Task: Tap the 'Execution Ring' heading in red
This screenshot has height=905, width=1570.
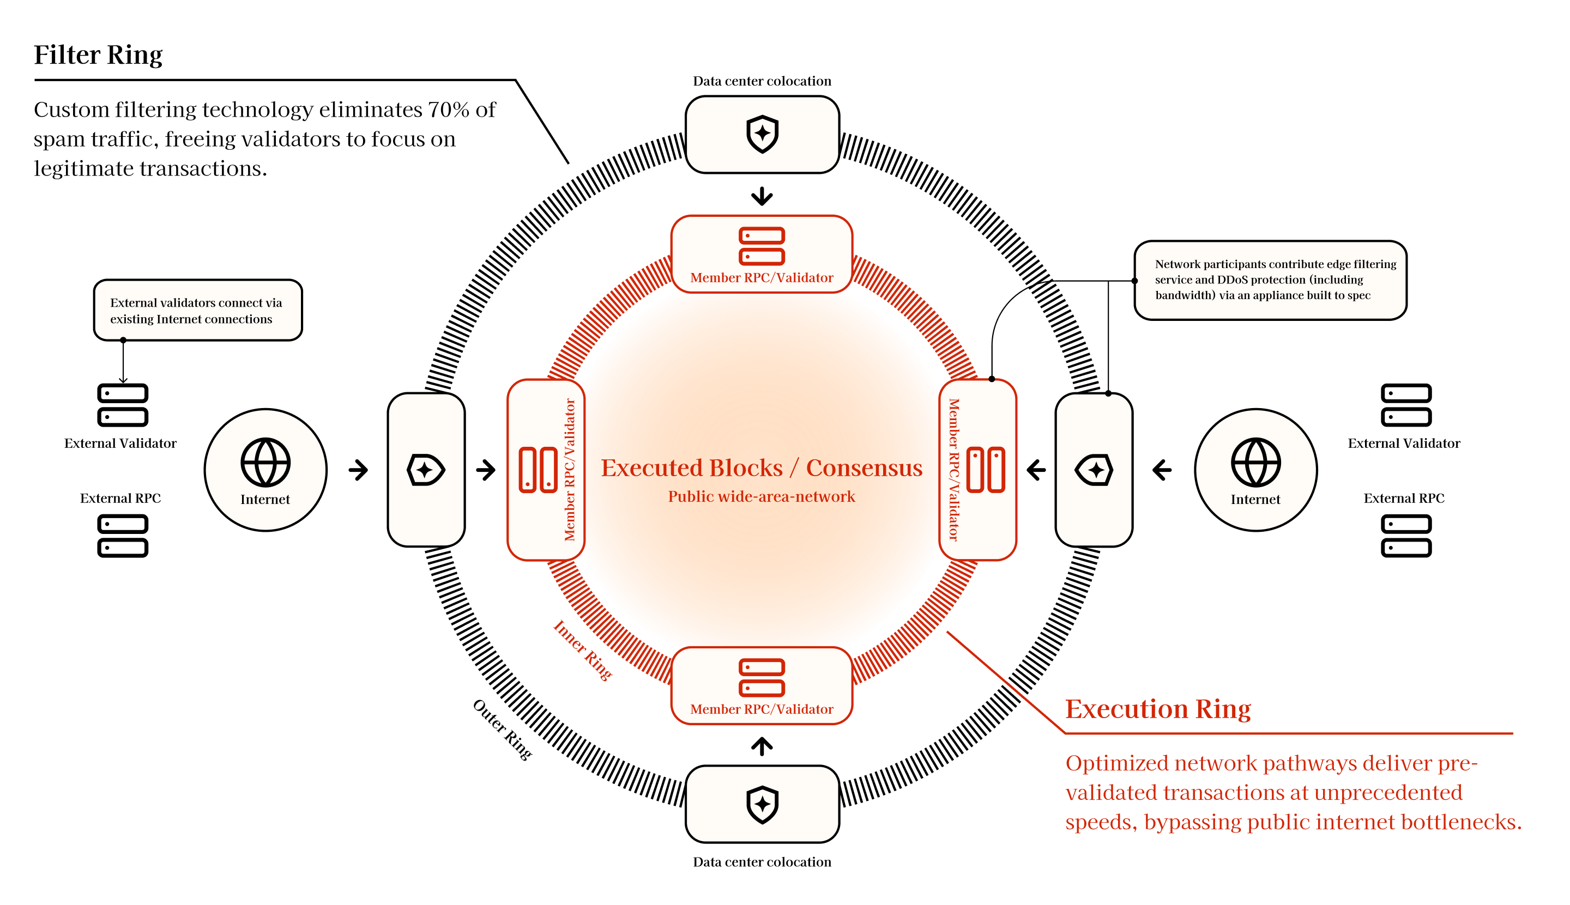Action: coord(1158,709)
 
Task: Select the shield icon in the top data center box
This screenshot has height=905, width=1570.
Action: coord(762,133)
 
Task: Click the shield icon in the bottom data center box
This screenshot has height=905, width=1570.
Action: coord(762,805)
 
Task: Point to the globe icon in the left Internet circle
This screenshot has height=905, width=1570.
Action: coord(265,463)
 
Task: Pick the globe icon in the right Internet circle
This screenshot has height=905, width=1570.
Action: coord(1255,463)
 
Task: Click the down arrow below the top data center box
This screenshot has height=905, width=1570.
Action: coord(762,196)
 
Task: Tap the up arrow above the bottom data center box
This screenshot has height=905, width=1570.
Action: coord(762,746)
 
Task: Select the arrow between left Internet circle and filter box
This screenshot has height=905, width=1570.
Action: coord(358,470)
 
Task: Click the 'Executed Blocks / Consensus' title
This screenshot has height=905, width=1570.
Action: coord(762,467)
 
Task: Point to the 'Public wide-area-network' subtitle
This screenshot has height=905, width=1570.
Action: coord(762,496)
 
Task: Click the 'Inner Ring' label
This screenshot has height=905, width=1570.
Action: coord(583,649)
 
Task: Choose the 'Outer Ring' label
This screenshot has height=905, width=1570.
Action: coord(503,730)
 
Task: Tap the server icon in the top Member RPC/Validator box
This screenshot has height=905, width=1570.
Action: coord(762,246)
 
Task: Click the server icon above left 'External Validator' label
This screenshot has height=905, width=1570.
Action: coord(123,405)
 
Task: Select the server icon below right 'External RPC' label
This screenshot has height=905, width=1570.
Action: coord(1406,536)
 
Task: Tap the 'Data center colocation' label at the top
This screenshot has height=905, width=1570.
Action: coord(762,81)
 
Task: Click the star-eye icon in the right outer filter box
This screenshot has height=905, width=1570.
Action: coord(1094,470)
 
